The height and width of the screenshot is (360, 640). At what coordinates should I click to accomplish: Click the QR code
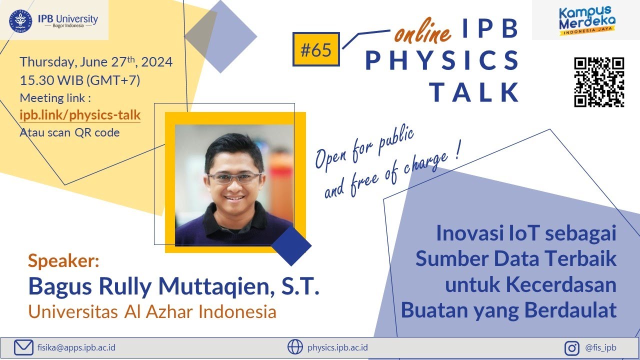[x=599, y=82]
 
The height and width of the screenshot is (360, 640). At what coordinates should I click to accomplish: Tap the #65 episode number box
[x=316, y=49]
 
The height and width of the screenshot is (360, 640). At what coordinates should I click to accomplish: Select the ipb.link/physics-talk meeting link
[x=80, y=115]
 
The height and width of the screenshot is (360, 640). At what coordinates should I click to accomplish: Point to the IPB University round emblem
[x=20, y=20]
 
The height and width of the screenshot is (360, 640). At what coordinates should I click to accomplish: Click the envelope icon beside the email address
[x=23, y=347]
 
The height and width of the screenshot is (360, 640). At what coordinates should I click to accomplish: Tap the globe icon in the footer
[x=295, y=347]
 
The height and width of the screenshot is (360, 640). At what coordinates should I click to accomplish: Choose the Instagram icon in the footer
[x=572, y=347]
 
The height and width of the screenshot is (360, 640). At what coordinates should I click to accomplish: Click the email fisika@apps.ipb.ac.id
[x=76, y=347]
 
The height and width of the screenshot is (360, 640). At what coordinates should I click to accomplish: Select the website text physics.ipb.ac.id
[x=338, y=347]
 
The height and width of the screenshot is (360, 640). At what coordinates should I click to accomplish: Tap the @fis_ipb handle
[x=600, y=347]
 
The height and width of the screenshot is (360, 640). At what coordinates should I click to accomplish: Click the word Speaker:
[x=64, y=260]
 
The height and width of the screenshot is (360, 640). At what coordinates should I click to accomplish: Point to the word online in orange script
[x=422, y=33]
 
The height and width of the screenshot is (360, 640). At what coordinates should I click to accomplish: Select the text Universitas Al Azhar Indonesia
[x=152, y=311]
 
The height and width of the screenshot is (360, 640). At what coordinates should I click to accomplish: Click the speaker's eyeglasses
[x=234, y=177]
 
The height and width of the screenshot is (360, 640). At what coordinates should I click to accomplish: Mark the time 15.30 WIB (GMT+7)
[x=79, y=80]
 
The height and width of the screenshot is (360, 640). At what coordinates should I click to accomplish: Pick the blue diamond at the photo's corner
[x=291, y=245]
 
